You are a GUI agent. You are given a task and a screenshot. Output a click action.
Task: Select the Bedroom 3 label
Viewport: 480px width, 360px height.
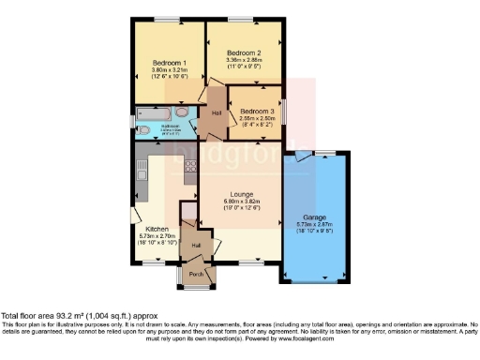point(256,111)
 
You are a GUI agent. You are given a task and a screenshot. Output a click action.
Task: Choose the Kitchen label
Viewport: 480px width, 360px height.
point(157,229)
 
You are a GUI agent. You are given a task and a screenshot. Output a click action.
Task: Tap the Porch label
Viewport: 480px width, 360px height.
point(197,274)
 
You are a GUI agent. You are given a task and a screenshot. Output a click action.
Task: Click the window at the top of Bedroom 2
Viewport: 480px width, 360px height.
point(246,20)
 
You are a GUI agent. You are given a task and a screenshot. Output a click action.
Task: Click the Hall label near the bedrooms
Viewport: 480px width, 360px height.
point(216,113)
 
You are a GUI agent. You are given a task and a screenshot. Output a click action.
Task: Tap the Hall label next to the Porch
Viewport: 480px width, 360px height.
point(196,246)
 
